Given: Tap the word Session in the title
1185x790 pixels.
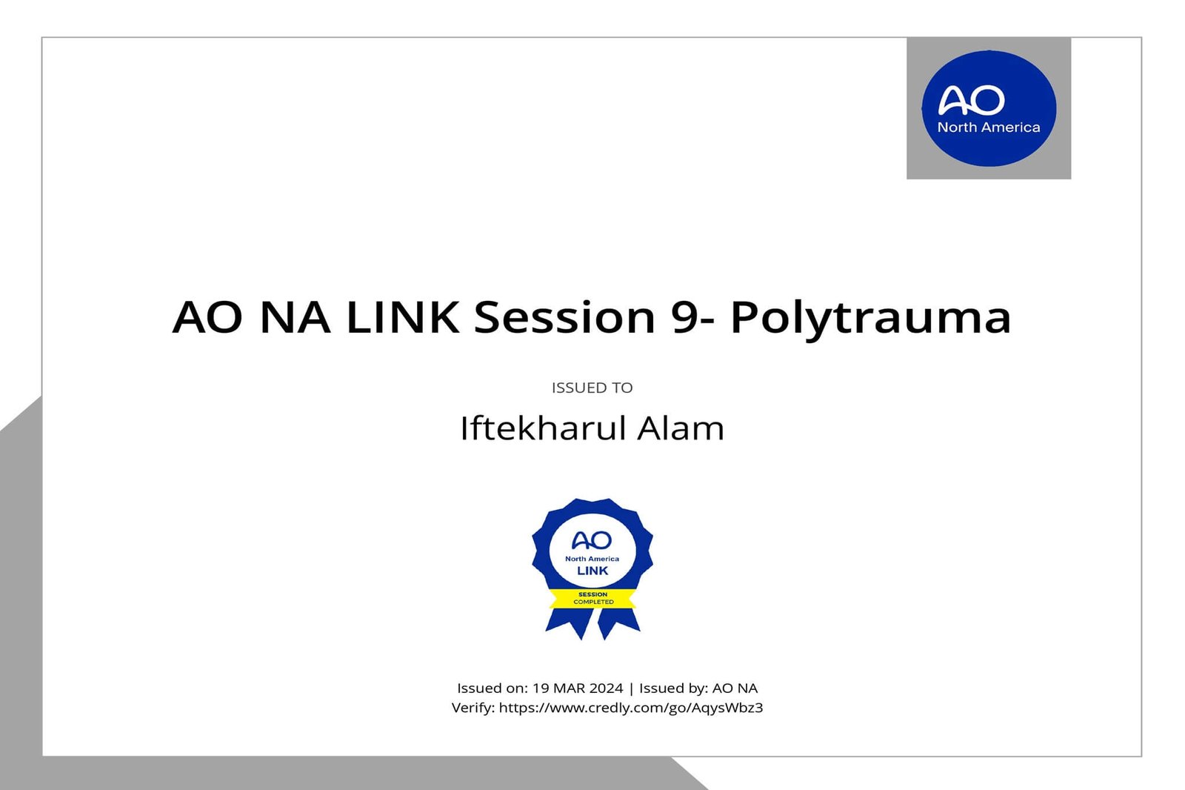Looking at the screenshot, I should click(564, 317).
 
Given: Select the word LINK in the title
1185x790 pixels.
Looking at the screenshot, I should click(402, 317).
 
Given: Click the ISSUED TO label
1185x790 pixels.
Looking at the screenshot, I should click(592, 388).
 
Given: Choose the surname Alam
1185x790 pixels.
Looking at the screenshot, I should click(681, 428).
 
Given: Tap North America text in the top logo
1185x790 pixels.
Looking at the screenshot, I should click(989, 127).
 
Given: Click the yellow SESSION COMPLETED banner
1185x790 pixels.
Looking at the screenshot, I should click(592, 598).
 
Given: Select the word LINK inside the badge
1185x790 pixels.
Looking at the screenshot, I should click(592, 571).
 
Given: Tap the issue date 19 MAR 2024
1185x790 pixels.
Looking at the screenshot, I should click(578, 688).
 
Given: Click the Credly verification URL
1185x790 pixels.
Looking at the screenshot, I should click(630, 708).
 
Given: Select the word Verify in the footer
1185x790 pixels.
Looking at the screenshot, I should click(472, 708).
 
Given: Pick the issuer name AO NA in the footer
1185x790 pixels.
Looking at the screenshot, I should click(735, 688).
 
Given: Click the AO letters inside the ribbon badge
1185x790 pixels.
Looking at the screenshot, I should click(592, 540).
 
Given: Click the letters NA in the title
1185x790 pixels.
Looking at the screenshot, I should click(295, 317).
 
